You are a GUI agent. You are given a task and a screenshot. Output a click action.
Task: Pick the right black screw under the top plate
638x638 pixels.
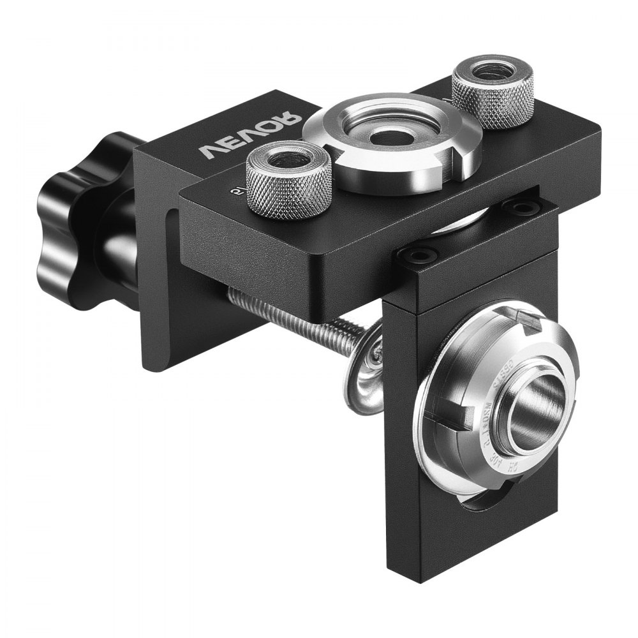(x=523, y=208)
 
